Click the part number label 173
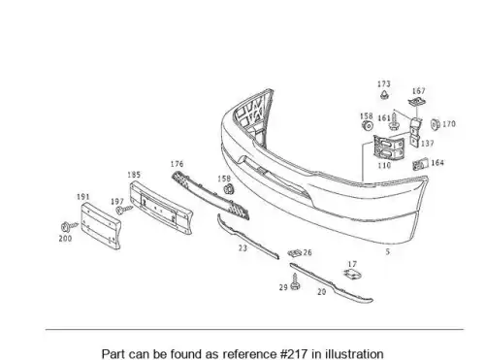[384, 84]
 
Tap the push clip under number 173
[384, 95]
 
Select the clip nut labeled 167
[417, 102]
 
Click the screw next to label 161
[394, 120]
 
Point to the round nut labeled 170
[435, 124]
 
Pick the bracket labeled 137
[416, 132]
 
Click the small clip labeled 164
[420, 164]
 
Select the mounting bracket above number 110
[389, 147]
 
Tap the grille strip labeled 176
[210, 195]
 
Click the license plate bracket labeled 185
[161, 207]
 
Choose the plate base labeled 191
[101, 225]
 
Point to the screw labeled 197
[124, 210]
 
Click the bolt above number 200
[69, 226]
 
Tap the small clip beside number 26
[295, 252]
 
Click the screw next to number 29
[295, 281]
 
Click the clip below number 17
[352, 275]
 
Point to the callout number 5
[388, 251]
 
